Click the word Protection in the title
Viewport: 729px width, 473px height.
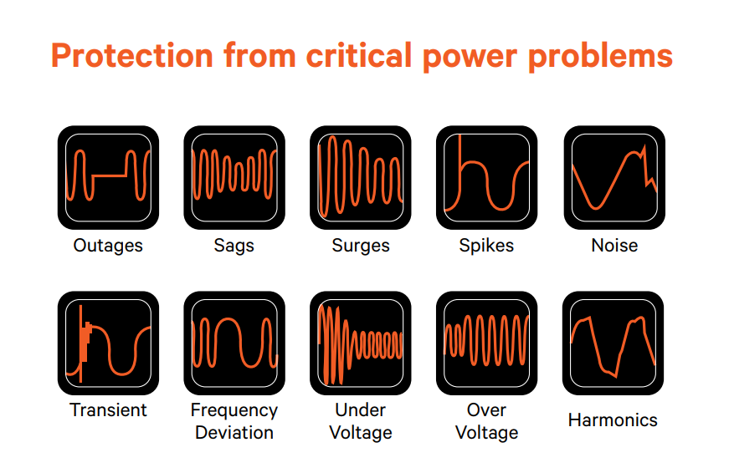coord(132,56)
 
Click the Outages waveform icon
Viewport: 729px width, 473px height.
coord(108,177)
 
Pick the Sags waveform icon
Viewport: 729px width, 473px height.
coord(234,177)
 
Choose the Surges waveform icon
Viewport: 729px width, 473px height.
coord(361,177)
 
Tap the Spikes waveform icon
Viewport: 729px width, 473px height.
coord(487,177)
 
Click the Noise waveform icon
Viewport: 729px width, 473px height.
coord(614,177)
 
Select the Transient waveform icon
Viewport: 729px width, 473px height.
coord(108,343)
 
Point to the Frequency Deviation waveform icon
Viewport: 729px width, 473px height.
coord(234,343)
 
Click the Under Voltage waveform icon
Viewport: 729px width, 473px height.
coord(361,343)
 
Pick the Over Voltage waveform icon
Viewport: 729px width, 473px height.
coord(487,343)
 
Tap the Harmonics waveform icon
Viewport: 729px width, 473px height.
coord(613,343)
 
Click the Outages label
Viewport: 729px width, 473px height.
coord(108,246)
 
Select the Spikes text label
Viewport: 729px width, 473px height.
coord(486,246)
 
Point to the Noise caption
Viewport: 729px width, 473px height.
coord(614,246)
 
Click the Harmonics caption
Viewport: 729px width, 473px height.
coord(613,420)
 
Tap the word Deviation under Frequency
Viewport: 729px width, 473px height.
coord(234,433)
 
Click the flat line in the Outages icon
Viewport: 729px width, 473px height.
coord(110,176)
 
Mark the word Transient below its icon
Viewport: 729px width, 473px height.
coord(108,410)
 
